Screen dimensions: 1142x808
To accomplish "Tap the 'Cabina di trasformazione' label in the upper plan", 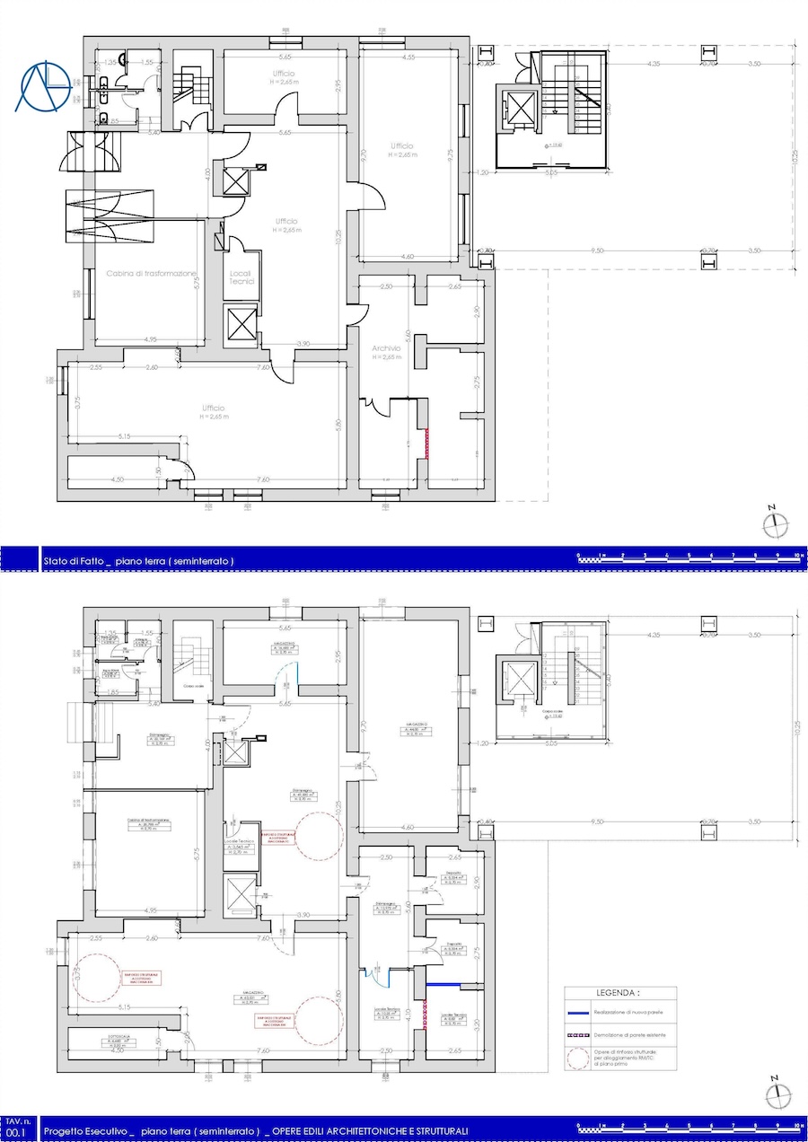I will (x=151, y=274).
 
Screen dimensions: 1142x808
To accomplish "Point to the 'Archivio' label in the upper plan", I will (x=386, y=348).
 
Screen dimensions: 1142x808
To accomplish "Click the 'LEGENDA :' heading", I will (x=619, y=994).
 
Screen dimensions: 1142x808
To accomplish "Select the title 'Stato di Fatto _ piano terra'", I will (x=138, y=561).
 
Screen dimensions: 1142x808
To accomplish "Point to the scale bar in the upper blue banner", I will (x=689, y=558).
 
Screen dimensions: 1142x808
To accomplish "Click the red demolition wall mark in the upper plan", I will (x=427, y=444).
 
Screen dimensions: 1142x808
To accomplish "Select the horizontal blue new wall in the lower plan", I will (x=444, y=985).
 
